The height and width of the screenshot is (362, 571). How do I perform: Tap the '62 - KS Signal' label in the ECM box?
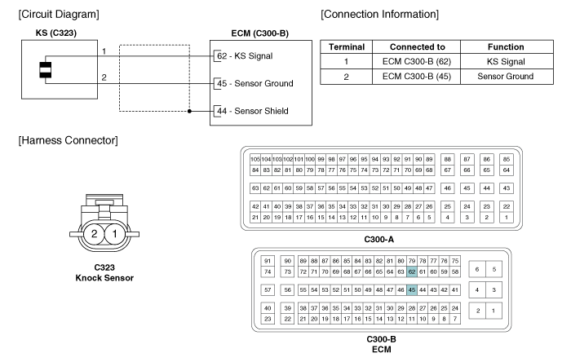coord(242,56)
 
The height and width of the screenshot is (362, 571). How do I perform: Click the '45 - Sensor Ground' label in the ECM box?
coord(254,83)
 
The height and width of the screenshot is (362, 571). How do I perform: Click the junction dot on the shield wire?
coord(189,110)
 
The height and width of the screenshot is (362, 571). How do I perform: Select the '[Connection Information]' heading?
coord(381,14)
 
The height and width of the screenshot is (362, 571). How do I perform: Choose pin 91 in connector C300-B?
coord(268,259)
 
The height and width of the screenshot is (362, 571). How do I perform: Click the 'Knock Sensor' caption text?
coord(104,278)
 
